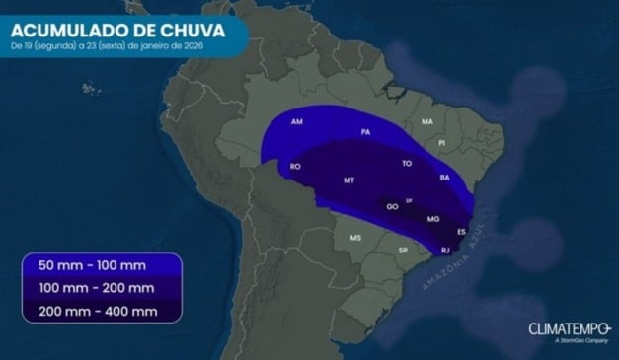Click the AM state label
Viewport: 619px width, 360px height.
(x=297, y=122)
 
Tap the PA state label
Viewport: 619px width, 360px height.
(x=365, y=131)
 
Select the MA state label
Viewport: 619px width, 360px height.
(x=427, y=121)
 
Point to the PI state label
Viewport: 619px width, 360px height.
(x=442, y=143)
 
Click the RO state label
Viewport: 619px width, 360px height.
(x=295, y=167)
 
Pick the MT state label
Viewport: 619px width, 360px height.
(x=348, y=180)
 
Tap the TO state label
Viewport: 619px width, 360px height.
(x=407, y=163)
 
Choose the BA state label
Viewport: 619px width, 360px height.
(x=444, y=178)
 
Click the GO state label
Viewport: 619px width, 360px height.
(x=392, y=207)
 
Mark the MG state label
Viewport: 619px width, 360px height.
(x=432, y=218)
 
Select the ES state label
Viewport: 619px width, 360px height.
(x=461, y=232)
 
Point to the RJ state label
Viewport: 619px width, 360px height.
(x=445, y=251)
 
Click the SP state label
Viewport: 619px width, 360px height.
(x=403, y=251)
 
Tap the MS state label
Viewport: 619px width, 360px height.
(x=355, y=238)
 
